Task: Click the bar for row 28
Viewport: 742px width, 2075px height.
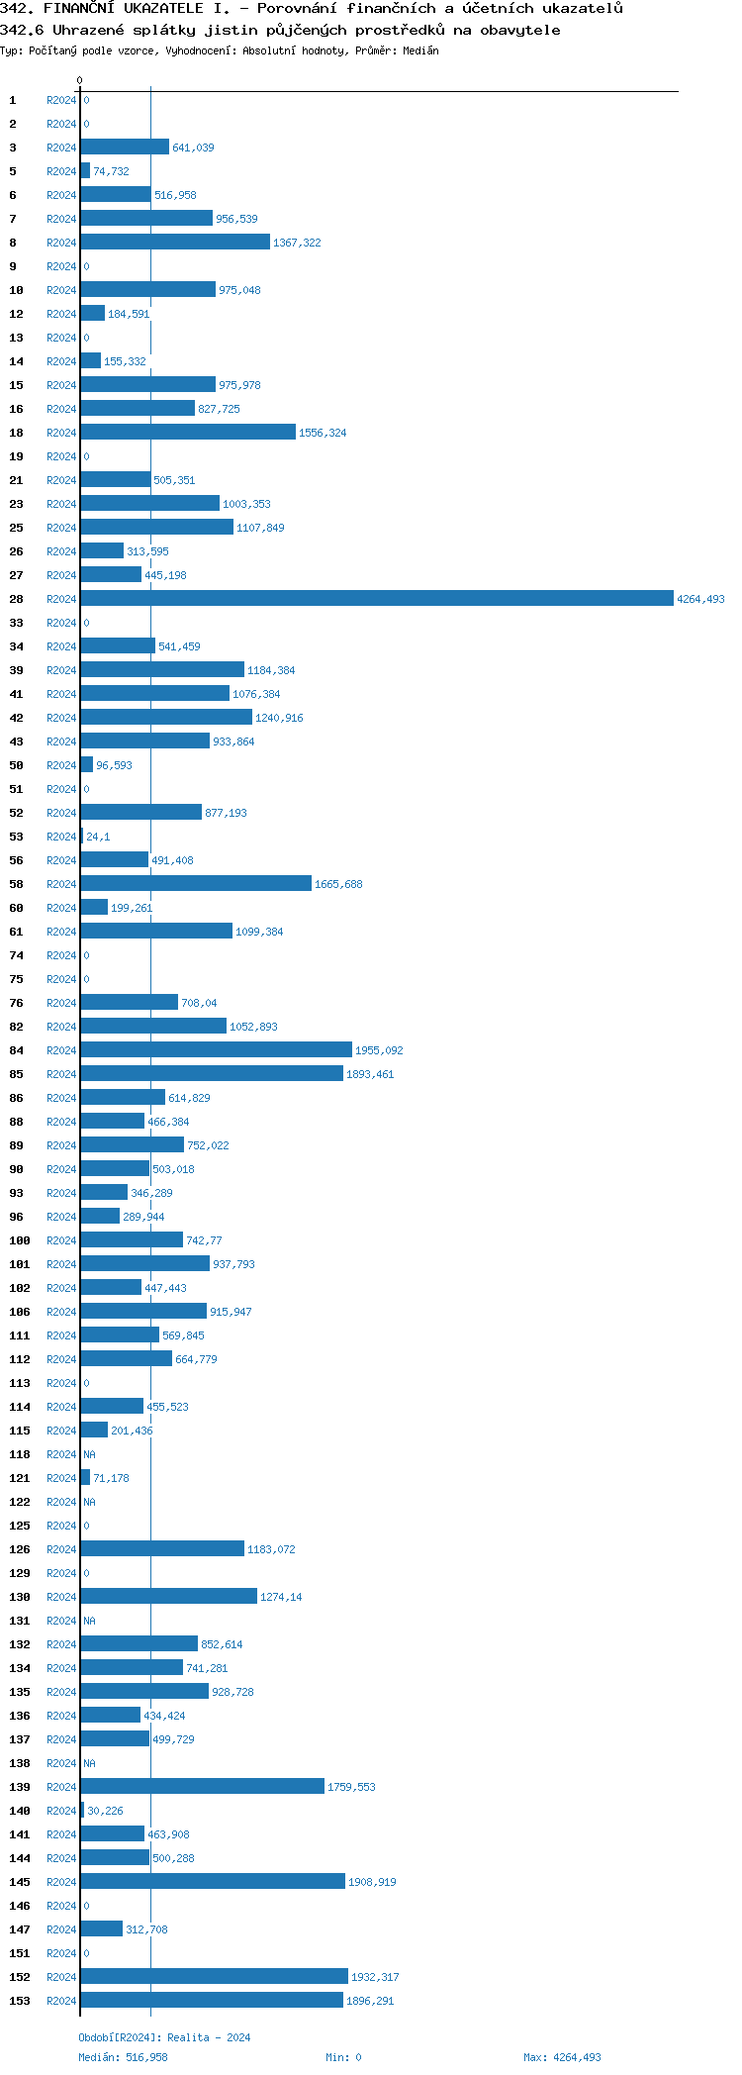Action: (x=376, y=598)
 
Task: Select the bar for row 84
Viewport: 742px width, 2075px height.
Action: (x=216, y=1049)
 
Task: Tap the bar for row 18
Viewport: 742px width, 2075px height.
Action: (x=188, y=432)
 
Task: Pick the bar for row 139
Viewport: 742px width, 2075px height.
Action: (x=202, y=1786)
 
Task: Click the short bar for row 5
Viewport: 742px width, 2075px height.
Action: (x=85, y=170)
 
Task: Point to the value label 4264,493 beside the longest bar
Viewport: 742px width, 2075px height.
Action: (x=700, y=599)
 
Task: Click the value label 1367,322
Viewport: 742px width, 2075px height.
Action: (x=297, y=243)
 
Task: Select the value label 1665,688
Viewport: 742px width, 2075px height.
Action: (x=338, y=884)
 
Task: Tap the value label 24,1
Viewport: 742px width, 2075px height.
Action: (x=98, y=837)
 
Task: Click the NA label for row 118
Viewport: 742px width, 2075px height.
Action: (x=89, y=1454)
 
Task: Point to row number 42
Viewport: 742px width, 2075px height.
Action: (x=17, y=718)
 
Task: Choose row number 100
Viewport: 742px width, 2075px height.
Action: (x=20, y=1240)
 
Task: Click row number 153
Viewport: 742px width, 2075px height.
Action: (x=20, y=2001)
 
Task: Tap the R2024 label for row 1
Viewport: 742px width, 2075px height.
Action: (x=61, y=100)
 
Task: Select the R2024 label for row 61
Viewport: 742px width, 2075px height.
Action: (x=61, y=932)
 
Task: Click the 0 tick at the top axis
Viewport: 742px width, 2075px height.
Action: (x=80, y=80)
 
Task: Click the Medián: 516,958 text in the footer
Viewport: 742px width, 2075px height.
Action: (x=123, y=2057)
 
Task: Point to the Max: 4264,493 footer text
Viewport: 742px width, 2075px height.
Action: (x=562, y=2057)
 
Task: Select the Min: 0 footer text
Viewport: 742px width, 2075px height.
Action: (x=343, y=2057)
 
